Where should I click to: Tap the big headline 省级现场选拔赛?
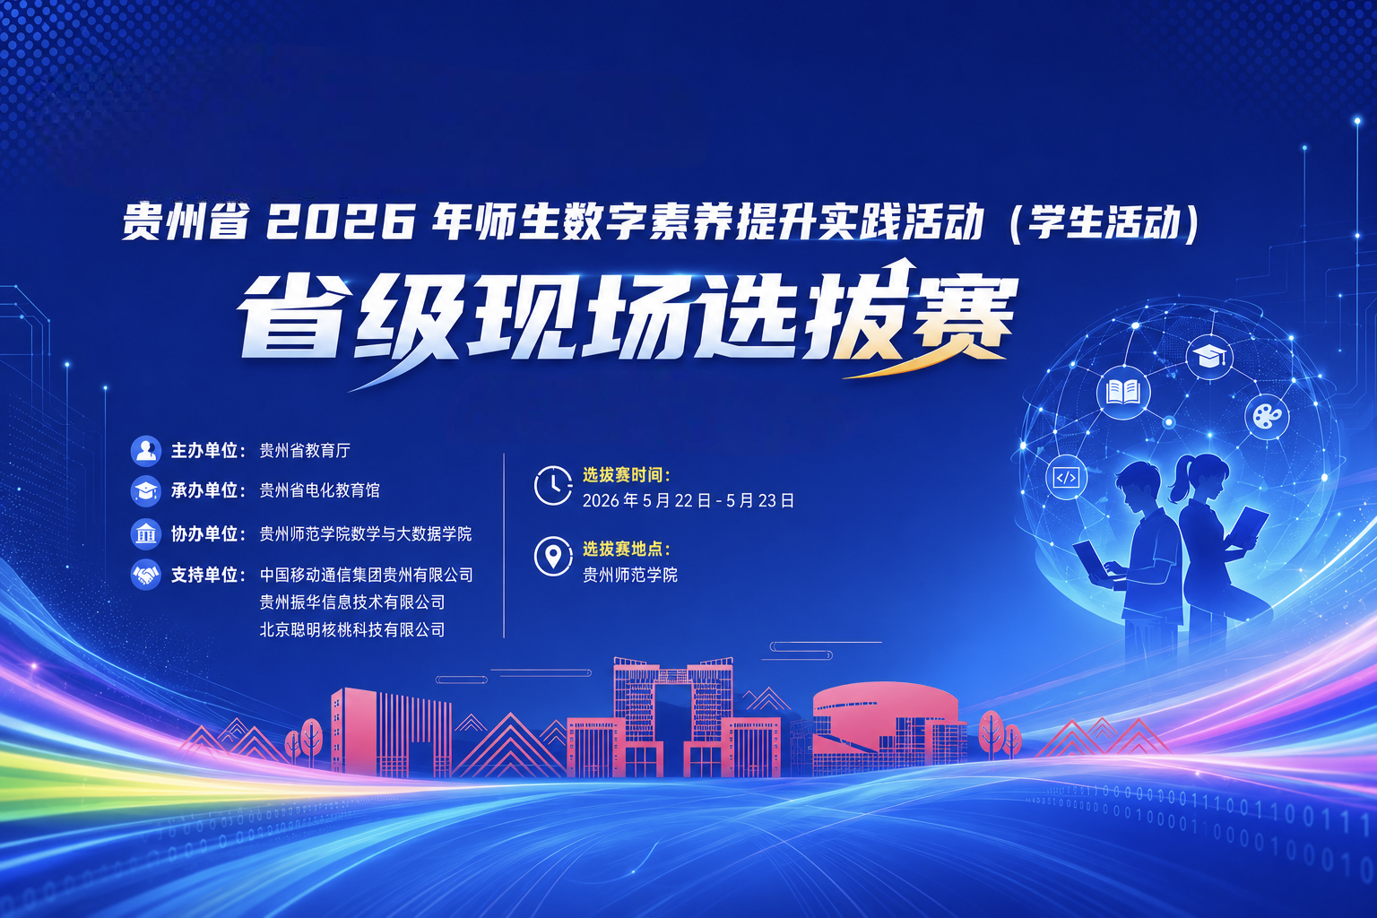pos(627,318)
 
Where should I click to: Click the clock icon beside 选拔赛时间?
pos(552,486)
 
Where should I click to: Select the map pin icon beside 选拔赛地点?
pos(552,557)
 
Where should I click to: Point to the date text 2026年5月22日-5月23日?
pos(688,500)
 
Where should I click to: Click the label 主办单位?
pos(204,451)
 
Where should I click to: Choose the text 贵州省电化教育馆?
pos(320,490)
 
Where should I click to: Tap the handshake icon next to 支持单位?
pos(146,575)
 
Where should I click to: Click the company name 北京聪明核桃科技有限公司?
pos(352,629)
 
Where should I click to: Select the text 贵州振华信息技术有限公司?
pos(352,602)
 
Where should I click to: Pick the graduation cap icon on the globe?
pos(1208,357)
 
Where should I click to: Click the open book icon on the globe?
pos(1123,393)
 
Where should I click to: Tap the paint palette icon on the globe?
pos(1267,417)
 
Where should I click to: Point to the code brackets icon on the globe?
pos(1066,477)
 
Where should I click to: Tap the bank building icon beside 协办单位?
pos(146,533)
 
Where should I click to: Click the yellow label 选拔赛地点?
pos(626,549)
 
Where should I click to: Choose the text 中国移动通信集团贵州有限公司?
pos(367,575)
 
